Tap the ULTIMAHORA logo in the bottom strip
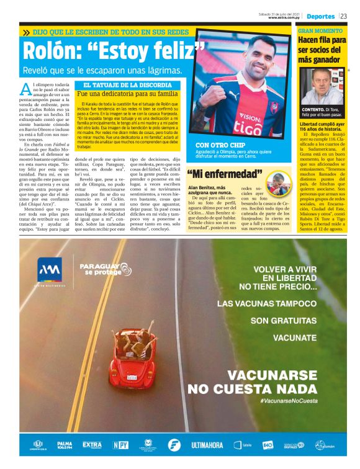(x=207, y=445)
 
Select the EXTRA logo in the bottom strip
(x=92, y=445)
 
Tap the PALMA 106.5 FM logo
(x=65, y=445)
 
